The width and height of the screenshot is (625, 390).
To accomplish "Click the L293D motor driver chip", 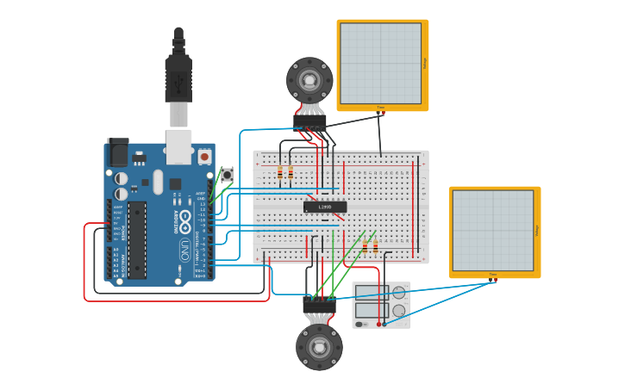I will click(x=325, y=207).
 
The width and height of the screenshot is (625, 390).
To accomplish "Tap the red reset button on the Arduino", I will click(x=204, y=157).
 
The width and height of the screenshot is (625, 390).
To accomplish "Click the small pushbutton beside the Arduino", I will click(x=227, y=175).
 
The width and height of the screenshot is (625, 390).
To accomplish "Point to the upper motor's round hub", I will click(x=309, y=81).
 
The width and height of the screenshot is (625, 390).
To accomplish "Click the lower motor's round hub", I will click(x=319, y=348).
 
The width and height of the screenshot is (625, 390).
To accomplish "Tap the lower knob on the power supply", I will click(x=398, y=311).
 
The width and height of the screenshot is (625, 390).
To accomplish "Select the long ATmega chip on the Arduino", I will click(x=138, y=240).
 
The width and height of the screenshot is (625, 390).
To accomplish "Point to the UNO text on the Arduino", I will click(x=184, y=251).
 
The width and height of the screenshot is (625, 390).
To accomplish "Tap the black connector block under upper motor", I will click(x=310, y=122).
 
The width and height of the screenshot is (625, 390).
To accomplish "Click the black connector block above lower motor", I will click(x=319, y=306).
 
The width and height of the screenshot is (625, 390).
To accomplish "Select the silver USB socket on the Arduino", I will click(x=178, y=146).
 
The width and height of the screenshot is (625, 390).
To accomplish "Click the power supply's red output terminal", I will click(x=378, y=324).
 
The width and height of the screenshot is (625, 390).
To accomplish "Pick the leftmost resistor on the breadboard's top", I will click(x=279, y=173).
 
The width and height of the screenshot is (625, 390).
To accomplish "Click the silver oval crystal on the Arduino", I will click(x=157, y=182).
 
